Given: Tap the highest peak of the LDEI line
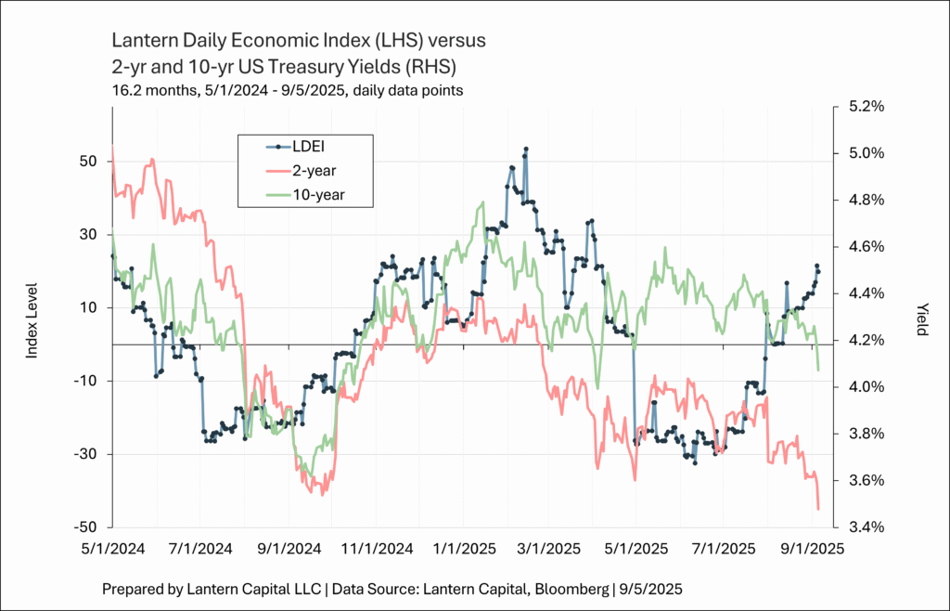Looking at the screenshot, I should click(526, 149).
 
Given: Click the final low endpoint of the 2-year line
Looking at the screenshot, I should click(818, 508).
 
